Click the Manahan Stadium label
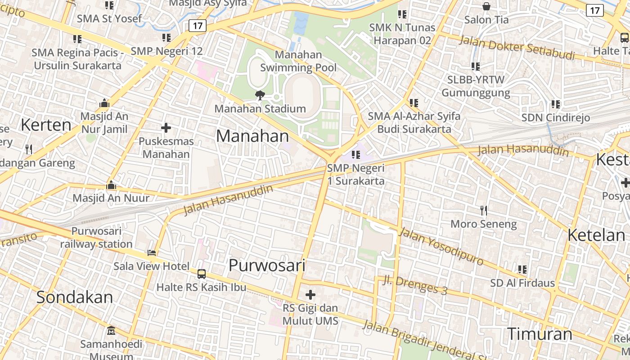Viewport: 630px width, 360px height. point(260,109)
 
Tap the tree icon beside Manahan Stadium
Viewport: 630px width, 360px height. point(260,94)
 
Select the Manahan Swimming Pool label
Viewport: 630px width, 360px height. point(298,61)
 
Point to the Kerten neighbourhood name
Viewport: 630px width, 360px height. point(46,125)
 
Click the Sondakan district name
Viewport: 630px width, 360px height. point(75,297)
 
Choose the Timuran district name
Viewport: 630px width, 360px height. point(540,334)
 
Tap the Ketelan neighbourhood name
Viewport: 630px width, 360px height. point(596,235)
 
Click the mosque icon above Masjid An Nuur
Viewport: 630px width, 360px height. point(111,185)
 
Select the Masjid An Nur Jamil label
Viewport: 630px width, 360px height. point(104,123)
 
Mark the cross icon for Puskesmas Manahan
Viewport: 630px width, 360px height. point(166,128)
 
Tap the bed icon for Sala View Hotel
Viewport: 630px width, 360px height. point(152,253)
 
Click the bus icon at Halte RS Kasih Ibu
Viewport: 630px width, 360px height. point(202,274)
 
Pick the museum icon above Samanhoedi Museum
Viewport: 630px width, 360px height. point(111,331)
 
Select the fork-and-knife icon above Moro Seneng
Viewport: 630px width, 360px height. point(484,210)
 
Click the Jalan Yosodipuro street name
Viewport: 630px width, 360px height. point(441,247)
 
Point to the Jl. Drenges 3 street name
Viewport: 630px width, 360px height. point(415,285)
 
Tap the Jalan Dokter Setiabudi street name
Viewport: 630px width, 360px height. point(517,48)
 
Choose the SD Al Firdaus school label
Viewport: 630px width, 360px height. point(522,283)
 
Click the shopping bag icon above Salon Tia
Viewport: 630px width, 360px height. point(486,6)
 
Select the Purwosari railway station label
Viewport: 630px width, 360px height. point(96,238)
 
